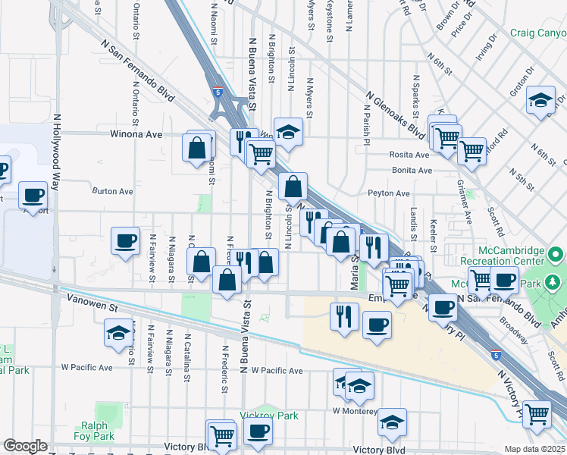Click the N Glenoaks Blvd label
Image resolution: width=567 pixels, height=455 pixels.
coord(394,115)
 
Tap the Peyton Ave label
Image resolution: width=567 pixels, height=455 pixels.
coord(390,193)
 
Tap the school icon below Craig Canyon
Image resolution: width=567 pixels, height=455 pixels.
coord(540,101)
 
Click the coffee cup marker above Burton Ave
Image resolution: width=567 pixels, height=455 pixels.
coord(33,195)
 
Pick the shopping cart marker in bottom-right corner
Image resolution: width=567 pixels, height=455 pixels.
coord(537,414)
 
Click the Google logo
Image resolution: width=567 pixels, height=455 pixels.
coord(25,446)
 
